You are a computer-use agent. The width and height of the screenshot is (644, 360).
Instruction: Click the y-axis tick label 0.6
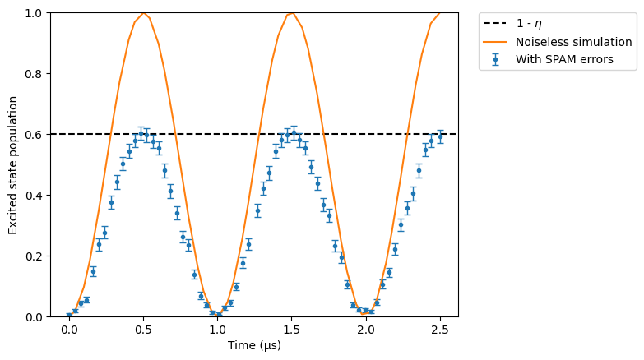coord(34,135)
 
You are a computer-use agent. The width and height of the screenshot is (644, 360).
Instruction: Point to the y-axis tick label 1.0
coord(34,13)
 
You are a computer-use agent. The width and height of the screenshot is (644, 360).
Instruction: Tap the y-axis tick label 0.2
coord(34,256)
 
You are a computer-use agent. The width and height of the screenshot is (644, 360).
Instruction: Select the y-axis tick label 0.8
coord(34,74)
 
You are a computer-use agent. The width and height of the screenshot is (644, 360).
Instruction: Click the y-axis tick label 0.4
coord(34,196)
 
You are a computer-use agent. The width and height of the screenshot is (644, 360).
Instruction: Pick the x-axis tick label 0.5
coord(143,330)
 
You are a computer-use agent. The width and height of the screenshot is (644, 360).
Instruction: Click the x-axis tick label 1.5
coord(292,330)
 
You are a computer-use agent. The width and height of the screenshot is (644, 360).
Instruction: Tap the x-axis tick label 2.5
coord(440,330)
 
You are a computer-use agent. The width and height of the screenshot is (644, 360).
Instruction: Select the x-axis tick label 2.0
coord(366,330)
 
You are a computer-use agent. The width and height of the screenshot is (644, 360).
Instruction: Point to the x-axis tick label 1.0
coord(218,330)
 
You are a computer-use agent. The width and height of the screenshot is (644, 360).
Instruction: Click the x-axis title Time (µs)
coord(255,345)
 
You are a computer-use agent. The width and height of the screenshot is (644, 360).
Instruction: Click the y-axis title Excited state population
coord(13,165)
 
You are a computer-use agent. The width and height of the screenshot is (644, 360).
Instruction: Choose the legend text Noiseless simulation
coord(574,42)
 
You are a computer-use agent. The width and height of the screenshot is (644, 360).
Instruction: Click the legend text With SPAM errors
coord(564,59)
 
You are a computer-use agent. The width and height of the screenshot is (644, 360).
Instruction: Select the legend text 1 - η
coord(529,24)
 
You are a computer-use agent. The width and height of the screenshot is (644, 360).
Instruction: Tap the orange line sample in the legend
coord(495,42)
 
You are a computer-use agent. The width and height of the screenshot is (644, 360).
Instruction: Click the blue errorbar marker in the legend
coord(495,59)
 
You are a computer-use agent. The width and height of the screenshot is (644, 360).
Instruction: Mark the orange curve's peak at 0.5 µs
coord(143,13)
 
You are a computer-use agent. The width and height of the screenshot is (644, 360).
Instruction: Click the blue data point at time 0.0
coord(69,316)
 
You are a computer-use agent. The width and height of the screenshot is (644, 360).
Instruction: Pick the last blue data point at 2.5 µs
coord(440,136)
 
